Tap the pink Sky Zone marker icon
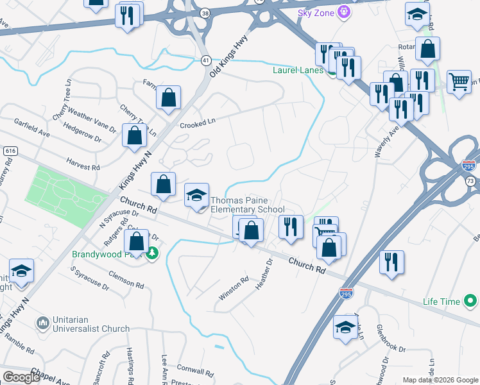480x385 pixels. (x=345, y=12)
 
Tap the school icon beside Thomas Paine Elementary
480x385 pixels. (x=196, y=196)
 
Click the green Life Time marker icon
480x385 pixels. (x=470, y=300)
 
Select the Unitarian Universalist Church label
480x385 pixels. (x=92, y=324)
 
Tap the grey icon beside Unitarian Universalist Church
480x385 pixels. (x=43, y=321)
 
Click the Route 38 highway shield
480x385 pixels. (x=205, y=13)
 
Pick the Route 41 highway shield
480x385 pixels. (x=206, y=60)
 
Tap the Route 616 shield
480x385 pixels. (x=10, y=150)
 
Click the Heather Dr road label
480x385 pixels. (x=264, y=274)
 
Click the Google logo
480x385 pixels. (x=22, y=377)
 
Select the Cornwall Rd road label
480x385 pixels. (x=196, y=372)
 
